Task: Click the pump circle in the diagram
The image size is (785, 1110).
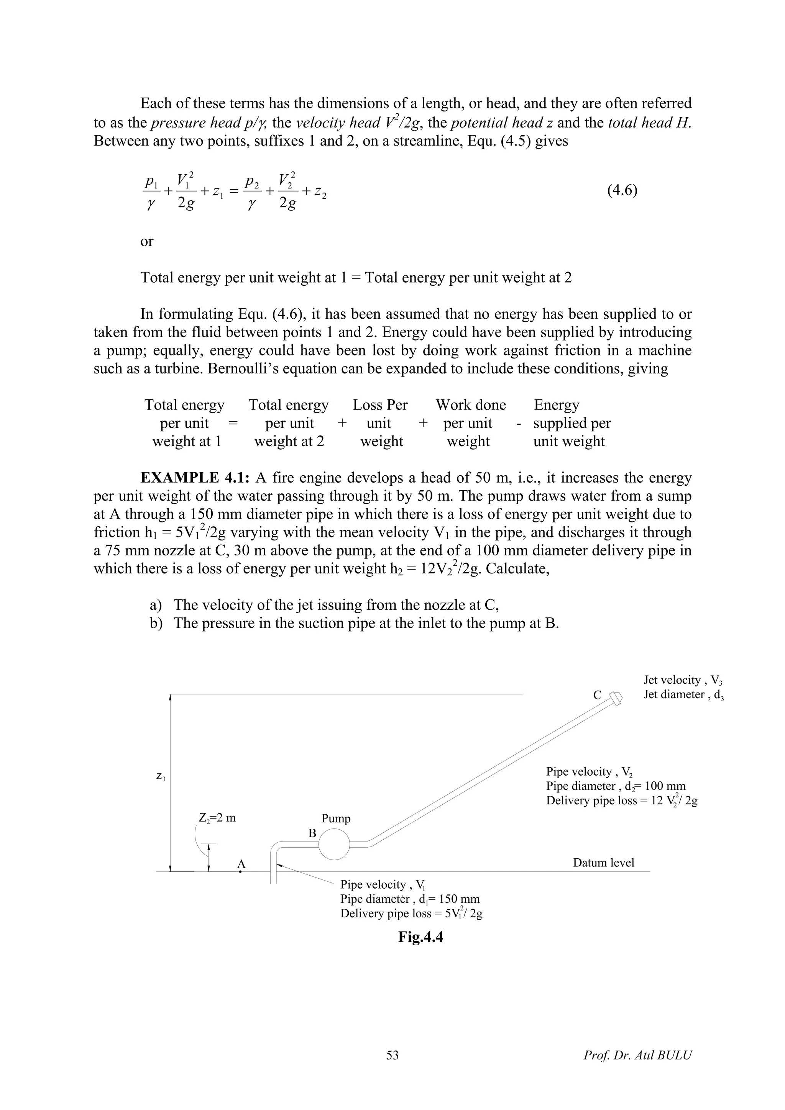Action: click(x=334, y=844)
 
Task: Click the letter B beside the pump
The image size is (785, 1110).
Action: click(x=312, y=833)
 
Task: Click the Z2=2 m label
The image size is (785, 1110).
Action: click(x=217, y=818)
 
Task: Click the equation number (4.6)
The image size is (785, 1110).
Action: click(x=622, y=190)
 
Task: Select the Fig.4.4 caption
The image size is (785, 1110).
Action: click(x=420, y=937)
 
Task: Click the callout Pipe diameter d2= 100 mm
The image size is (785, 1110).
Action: click(x=615, y=787)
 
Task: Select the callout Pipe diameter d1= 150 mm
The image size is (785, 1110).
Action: click(x=410, y=899)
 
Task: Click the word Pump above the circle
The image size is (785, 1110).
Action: click(x=336, y=819)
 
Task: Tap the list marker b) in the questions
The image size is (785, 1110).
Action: click(x=156, y=623)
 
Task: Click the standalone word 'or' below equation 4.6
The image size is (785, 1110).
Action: click(x=146, y=241)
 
